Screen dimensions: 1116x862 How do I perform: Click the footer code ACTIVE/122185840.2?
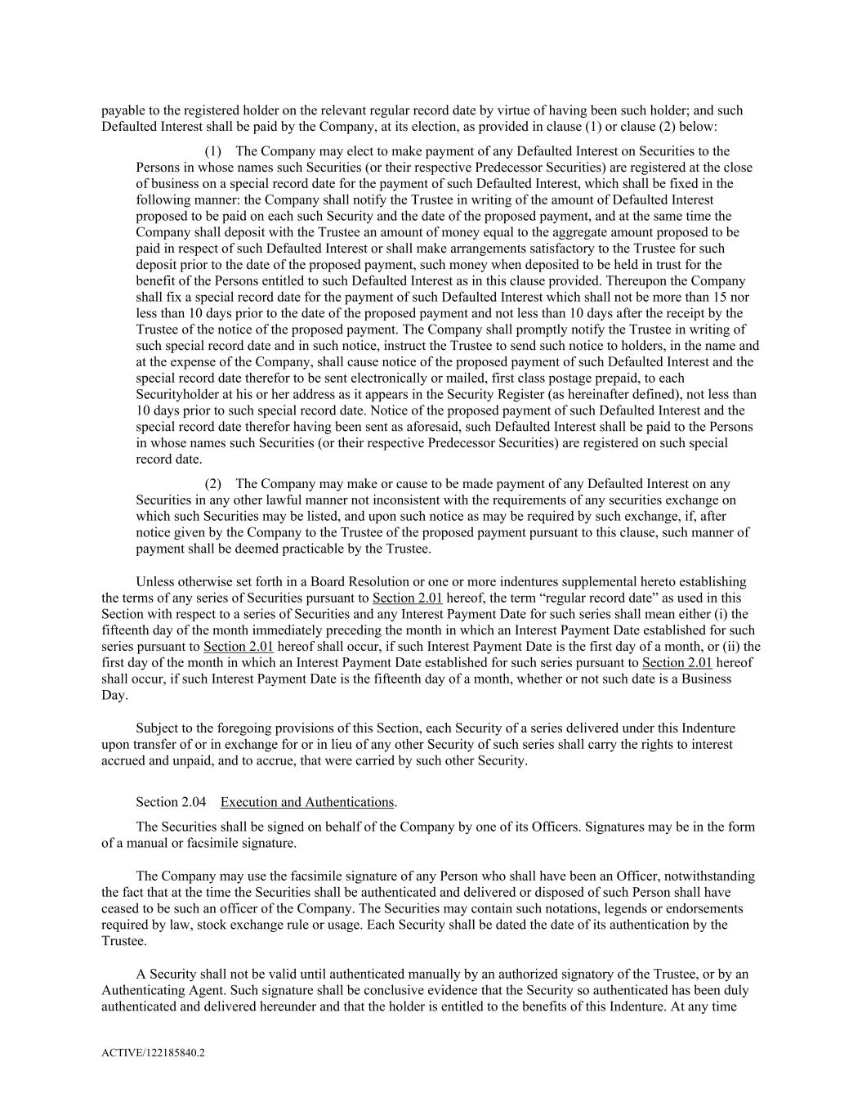click(x=153, y=1053)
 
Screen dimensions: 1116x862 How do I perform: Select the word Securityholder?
click(x=175, y=394)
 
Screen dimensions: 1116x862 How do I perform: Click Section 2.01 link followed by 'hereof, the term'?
click(x=407, y=598)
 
